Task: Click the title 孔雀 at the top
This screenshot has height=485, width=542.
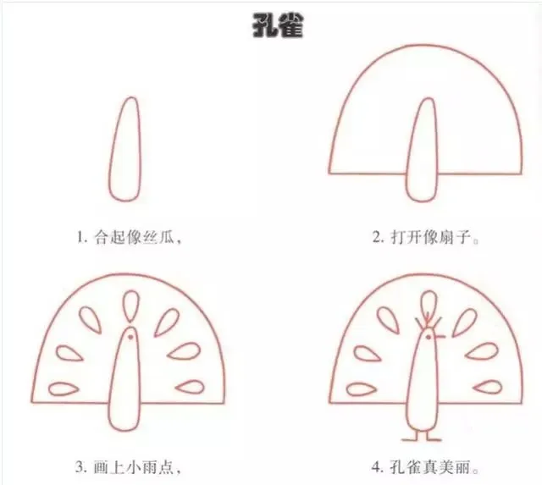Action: pyautogui.click(x=278, y=26)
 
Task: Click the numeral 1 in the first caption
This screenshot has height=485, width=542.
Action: pyautogui.click(x=80, y=238)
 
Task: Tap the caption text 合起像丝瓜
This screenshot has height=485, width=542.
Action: pyautogui.click(x=134, y=237)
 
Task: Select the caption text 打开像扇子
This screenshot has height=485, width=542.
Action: pyautogui.click(x=431, y=237)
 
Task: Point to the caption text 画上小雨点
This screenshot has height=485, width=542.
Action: pyautogui.click(x=134, y=468)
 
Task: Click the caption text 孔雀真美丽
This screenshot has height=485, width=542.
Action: pyautogui.click(x=431, y=468)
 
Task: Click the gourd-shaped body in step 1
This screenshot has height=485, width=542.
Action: pyautogui.click(x=126, y=149)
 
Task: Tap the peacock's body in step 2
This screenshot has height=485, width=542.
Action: pyautogui.click(x=423, y=150)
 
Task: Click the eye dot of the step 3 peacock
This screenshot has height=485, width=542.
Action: pyautogui.click(x=130, y=337)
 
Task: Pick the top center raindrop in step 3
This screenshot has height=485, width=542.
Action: pyautogui.click(x=131, y=306)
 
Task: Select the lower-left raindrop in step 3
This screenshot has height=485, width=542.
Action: pyautogui.click(x=63, y=389)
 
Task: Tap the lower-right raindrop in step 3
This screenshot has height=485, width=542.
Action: pyautogui.click(x=191, y=387)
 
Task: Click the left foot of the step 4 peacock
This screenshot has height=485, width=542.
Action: pyautogui.click(x=412, y=438)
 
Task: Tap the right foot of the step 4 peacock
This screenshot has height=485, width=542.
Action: pyautogui.click(x=433, y=438)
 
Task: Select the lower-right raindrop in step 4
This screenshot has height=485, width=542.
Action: pyautogui.click(x=488, y=387)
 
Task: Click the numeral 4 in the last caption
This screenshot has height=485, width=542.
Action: pyautogui.click(x=376, y=468)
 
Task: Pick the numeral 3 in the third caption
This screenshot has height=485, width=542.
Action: pyautogui.click(x=80, y=468)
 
